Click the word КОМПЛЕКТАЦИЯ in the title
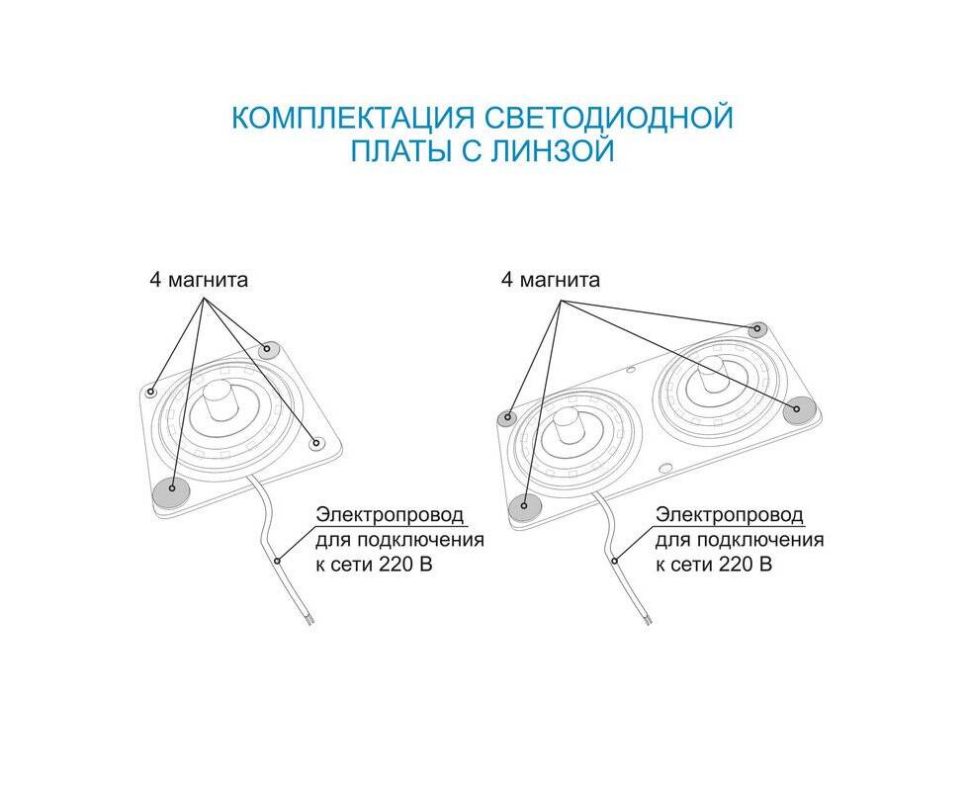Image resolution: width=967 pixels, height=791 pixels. tap(353, 117)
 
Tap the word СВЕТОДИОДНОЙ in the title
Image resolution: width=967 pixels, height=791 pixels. tap(609, 117)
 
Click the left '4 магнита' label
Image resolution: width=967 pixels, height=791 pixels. tap(199, 279)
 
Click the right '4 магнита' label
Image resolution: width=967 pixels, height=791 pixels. tap(551, 280)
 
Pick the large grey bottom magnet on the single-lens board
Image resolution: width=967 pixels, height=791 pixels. tap(171, 492)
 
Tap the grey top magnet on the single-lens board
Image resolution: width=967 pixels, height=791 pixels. tap(269, 350)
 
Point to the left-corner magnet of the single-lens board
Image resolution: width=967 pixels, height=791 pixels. tap(151, 392)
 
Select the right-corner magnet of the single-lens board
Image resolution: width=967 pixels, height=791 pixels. tap(317, 443)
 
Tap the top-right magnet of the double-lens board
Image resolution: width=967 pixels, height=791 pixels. tap(756, 330)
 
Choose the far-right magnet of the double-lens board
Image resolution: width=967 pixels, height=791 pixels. tap(799, 409)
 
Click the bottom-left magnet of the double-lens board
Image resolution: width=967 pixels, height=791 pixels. tap(525, 506)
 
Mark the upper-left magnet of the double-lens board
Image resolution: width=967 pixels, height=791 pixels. tap(507, 417)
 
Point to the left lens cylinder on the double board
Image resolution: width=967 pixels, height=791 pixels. tap(566, 426)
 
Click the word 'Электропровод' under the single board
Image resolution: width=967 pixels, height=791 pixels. tap(390, 515)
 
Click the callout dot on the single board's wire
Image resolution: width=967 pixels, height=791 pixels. tap(277, 561)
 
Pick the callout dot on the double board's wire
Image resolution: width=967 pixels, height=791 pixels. tap(615, 561)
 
